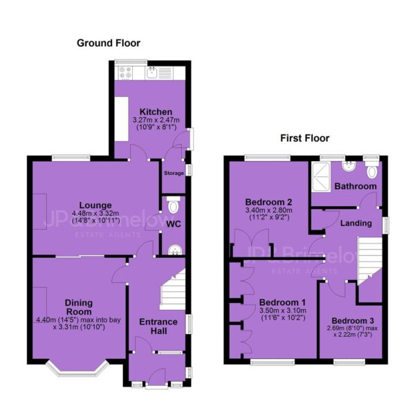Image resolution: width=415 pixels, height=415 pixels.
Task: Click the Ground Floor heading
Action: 109,43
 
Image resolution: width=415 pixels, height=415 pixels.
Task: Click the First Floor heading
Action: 304,138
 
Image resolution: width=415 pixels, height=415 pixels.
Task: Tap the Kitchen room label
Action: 156,111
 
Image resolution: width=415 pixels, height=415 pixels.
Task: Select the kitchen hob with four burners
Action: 125,73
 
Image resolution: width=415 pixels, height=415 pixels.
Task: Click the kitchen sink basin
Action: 152,73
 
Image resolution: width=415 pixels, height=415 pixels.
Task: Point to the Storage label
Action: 174,173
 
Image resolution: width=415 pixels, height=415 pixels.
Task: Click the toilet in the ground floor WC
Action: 174,205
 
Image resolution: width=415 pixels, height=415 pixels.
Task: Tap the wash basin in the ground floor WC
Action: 175,250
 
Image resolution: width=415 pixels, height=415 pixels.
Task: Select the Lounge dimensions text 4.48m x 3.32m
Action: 95,213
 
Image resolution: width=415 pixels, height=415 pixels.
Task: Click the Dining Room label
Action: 79,307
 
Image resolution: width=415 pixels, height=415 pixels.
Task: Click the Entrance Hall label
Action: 158,326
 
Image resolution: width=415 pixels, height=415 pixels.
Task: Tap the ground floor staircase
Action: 172,289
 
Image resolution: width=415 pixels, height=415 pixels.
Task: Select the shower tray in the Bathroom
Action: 322,177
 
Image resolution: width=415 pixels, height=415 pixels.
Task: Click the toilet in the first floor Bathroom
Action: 372,169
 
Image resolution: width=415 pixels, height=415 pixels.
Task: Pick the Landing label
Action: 356,223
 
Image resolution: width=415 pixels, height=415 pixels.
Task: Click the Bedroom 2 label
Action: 268,202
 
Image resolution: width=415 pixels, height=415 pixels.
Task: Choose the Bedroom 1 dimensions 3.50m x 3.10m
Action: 283,310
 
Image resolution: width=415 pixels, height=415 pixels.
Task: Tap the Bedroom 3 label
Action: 353,321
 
